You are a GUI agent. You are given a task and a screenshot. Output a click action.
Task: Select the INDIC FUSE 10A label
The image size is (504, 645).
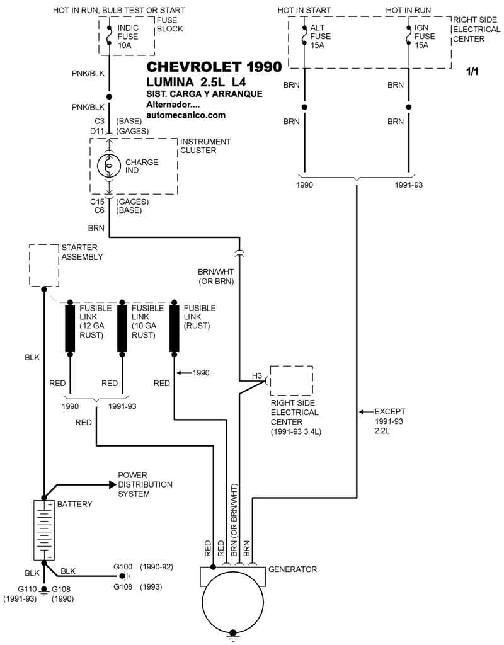[128, 37]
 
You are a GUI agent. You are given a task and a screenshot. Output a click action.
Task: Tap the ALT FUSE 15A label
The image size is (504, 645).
[320, 37]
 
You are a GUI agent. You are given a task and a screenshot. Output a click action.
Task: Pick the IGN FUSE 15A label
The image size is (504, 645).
[424, 37]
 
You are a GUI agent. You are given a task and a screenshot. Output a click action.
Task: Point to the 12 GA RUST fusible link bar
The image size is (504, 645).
[70, 328]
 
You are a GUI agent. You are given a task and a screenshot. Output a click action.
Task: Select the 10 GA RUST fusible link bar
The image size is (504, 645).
[122, 328]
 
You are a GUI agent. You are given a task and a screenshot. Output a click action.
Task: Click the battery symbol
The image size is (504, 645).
[44, 530]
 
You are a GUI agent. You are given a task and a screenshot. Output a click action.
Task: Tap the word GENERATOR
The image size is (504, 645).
[292, 569]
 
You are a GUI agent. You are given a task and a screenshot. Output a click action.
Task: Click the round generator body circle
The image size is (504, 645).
[232, 602]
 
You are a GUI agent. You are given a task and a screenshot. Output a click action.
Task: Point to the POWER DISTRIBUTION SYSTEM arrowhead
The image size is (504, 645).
[113, 484]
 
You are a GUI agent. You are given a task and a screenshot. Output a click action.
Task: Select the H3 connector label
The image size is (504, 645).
[256, 376]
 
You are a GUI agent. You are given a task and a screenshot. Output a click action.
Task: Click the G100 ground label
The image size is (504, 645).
[123, 566]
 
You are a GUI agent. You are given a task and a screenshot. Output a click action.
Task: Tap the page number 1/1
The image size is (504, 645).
[472, 72]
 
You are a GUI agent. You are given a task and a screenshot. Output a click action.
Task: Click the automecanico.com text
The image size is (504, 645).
[185, 115]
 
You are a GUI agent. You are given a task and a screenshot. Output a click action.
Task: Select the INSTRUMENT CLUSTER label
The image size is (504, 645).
[205, 146]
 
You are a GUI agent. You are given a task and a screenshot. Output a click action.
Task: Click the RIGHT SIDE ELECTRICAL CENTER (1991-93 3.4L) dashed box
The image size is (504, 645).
[291, 380]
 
